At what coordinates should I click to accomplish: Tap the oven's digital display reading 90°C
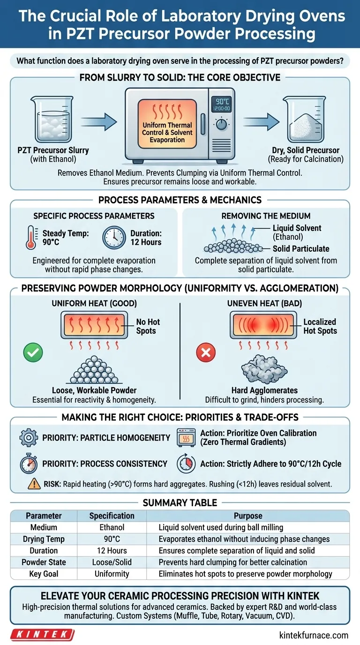click(x=221, y=104)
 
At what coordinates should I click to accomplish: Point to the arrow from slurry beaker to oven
click(x=98, y=123)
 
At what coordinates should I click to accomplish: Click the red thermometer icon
click(x=31, y=238)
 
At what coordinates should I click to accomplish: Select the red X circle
click(x=205, y=352)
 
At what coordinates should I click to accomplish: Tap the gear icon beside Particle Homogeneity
click(x=29, y=437)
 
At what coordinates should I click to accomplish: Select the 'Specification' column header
click(x=112, y=516)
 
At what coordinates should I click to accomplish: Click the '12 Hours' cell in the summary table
click(x=112, y=550)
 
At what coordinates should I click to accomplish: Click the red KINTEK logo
click(x=43, y=635)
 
